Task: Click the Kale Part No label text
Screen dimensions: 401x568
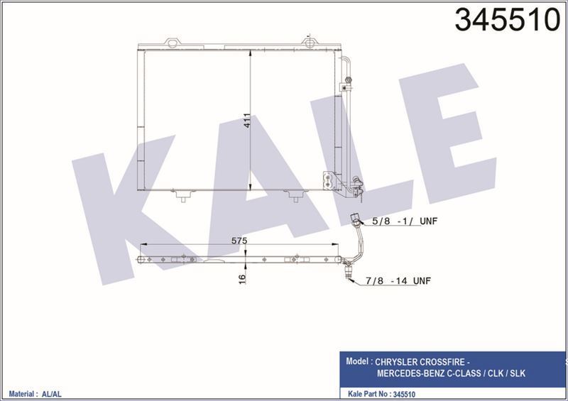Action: pos(369,391)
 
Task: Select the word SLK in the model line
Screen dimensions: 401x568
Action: pos(516,373)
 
